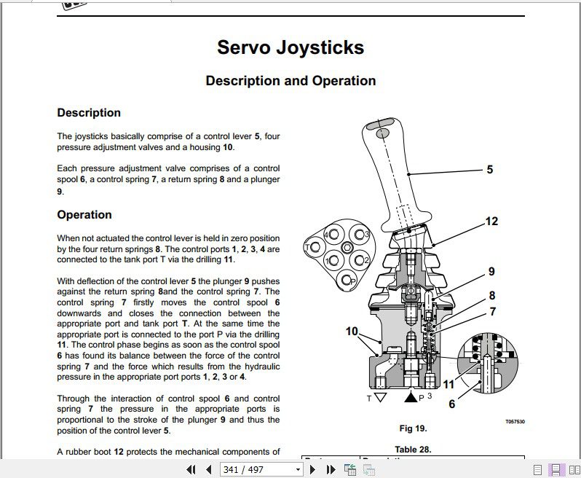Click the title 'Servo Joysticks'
coord(290,48)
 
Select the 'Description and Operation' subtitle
coord(290,81)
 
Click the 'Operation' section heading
coord(84,215)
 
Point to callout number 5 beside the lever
coord(489,170)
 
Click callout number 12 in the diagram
coord(491,221)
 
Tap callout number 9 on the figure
coord(491,272)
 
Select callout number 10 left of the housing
coord(352,332)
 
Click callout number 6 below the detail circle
coord(451,404)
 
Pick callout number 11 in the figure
coord(449,384)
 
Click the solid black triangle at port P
coord(410,398)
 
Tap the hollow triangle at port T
coord(379,398)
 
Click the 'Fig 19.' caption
coord(413,428)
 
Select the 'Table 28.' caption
coord(413,450)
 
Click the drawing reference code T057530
coord(515,422)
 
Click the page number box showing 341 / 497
coord(260,470)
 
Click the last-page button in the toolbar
coord(330,470)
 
